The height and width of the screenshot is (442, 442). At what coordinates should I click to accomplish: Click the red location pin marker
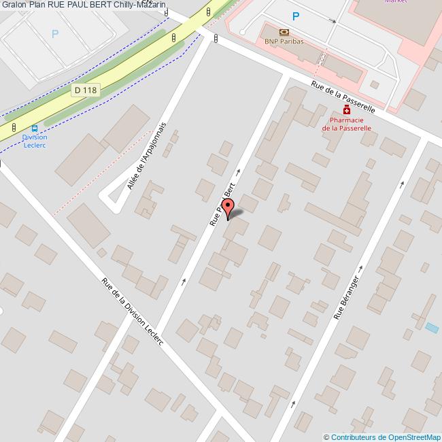[228, 207]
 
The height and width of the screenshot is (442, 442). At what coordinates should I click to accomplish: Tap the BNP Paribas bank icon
[283, 32]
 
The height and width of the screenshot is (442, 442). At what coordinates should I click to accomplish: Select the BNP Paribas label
[284, 41]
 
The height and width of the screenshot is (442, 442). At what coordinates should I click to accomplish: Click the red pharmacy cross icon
[347, 109]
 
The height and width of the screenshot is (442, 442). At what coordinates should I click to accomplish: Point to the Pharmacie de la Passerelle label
[346, 123]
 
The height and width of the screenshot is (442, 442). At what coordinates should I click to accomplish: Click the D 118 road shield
[85, 90]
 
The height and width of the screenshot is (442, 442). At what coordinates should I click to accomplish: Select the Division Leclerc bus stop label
[34, 140]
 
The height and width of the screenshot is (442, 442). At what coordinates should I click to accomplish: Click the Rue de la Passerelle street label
[343, 97]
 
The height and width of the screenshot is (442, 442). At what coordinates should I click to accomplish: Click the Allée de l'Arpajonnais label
[146, 156]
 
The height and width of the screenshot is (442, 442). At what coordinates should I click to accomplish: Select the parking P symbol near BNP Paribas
[295, 16]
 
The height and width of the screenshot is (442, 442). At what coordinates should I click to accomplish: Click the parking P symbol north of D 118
[55, 33]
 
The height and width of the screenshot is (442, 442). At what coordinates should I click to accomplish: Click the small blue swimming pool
[432, 328]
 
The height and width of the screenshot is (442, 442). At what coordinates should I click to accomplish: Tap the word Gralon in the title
[14, 5]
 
